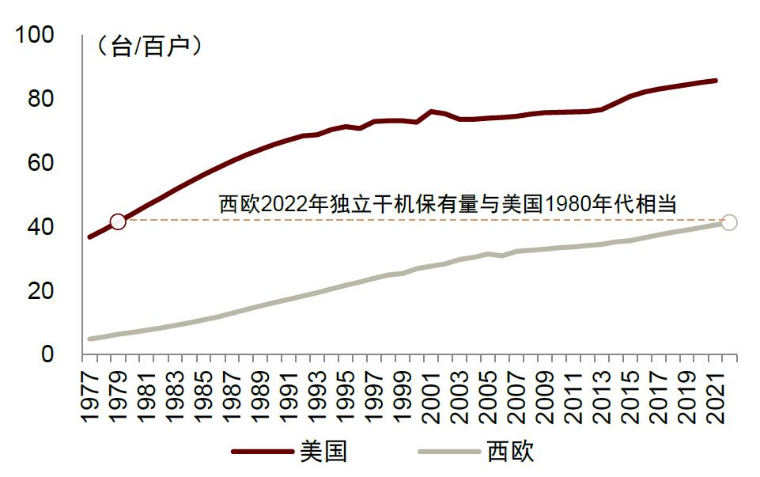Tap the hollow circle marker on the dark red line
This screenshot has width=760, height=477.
coord(118,222)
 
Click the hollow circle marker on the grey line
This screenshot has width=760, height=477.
coord(729,222)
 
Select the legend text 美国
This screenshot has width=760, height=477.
coord(323,452)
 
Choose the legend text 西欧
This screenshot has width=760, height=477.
coord(512,452)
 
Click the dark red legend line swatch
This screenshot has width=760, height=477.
coord(262,452)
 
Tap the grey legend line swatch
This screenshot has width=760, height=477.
coord(450,452)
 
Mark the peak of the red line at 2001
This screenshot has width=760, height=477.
coord(432,112)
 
